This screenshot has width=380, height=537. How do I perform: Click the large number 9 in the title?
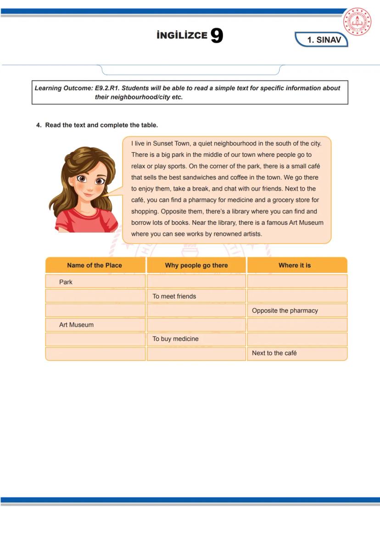[217, 36]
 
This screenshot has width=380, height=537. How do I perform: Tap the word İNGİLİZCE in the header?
[182, 36]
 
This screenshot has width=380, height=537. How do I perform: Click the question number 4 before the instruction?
[39, 125]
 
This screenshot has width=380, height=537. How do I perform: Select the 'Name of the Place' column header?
[95, 266]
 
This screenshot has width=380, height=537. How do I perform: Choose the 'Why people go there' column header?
[196, 266]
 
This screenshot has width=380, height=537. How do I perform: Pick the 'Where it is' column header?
[295, 266]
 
